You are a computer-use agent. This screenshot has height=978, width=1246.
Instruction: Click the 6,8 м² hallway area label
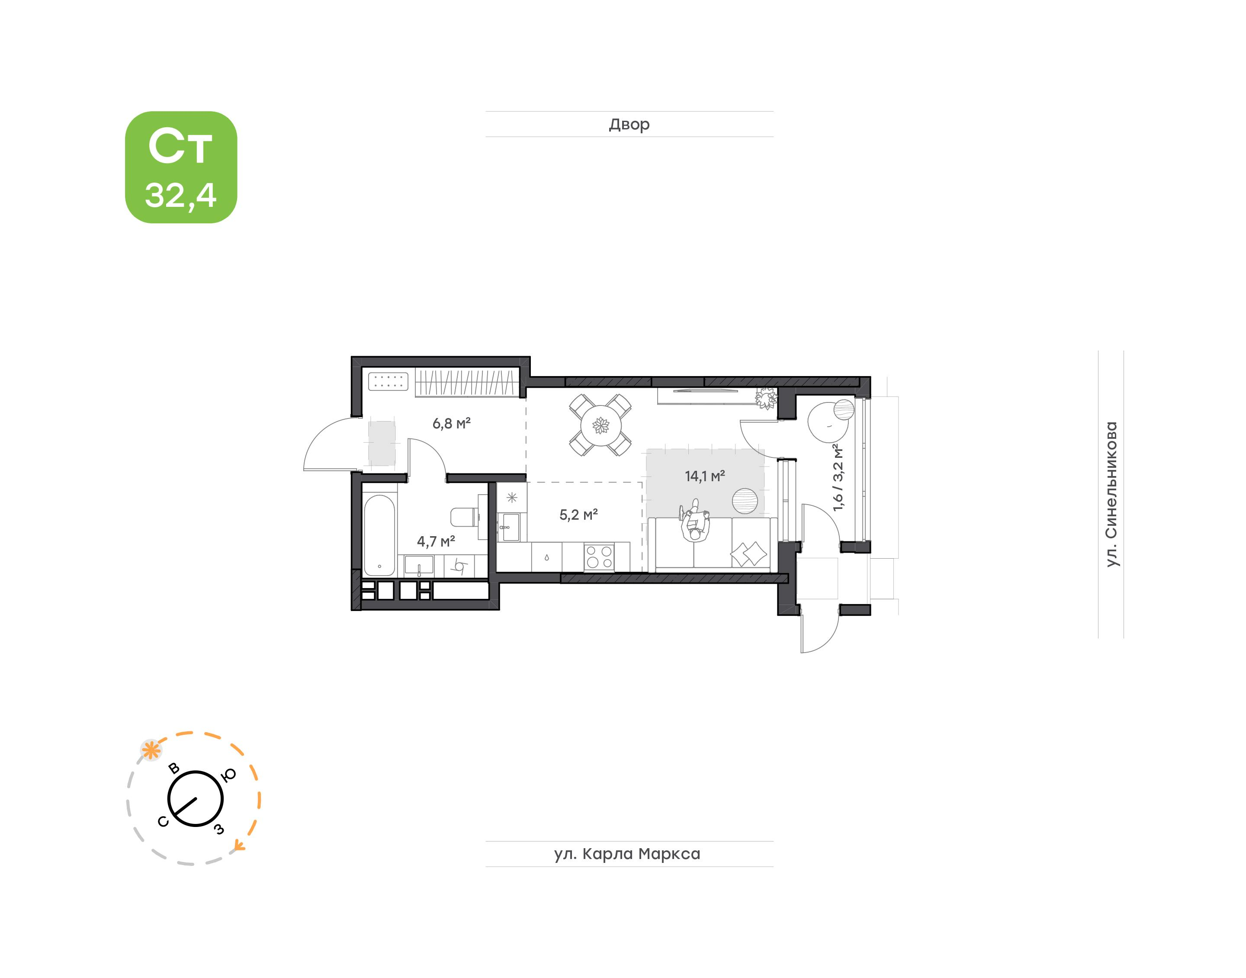click(x=451, y=424)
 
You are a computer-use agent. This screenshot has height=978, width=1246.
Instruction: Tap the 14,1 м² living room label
click(x=705, y=476)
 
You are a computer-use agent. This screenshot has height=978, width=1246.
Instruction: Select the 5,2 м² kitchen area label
click(x=578, y=515)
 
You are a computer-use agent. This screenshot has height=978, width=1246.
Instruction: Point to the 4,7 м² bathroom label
click(x=436, y=541)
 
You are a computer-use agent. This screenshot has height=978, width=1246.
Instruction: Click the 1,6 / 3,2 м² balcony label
click(x=838, y=477)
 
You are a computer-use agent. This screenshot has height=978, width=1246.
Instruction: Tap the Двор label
click(x=629, y=124)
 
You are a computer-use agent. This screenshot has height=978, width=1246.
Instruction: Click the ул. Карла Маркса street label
click(x=627, y=854)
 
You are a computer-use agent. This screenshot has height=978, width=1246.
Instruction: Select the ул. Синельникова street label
click(x=1111, y=494)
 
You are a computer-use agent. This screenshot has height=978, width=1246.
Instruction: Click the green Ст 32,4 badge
click(x=181, y=167)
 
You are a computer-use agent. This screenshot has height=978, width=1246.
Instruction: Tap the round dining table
click(x=601, y=425)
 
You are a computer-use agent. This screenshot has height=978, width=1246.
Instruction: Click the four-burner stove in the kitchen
click(x=599, y=557)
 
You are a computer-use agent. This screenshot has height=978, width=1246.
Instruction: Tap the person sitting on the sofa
click(x=695, y=521)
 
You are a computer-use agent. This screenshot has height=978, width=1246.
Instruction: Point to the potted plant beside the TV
click(x=766, y=397)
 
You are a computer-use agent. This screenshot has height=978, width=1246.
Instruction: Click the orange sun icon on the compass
click(x=151, y=750)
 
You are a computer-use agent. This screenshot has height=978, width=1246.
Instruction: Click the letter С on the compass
click(x=163, y=822)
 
